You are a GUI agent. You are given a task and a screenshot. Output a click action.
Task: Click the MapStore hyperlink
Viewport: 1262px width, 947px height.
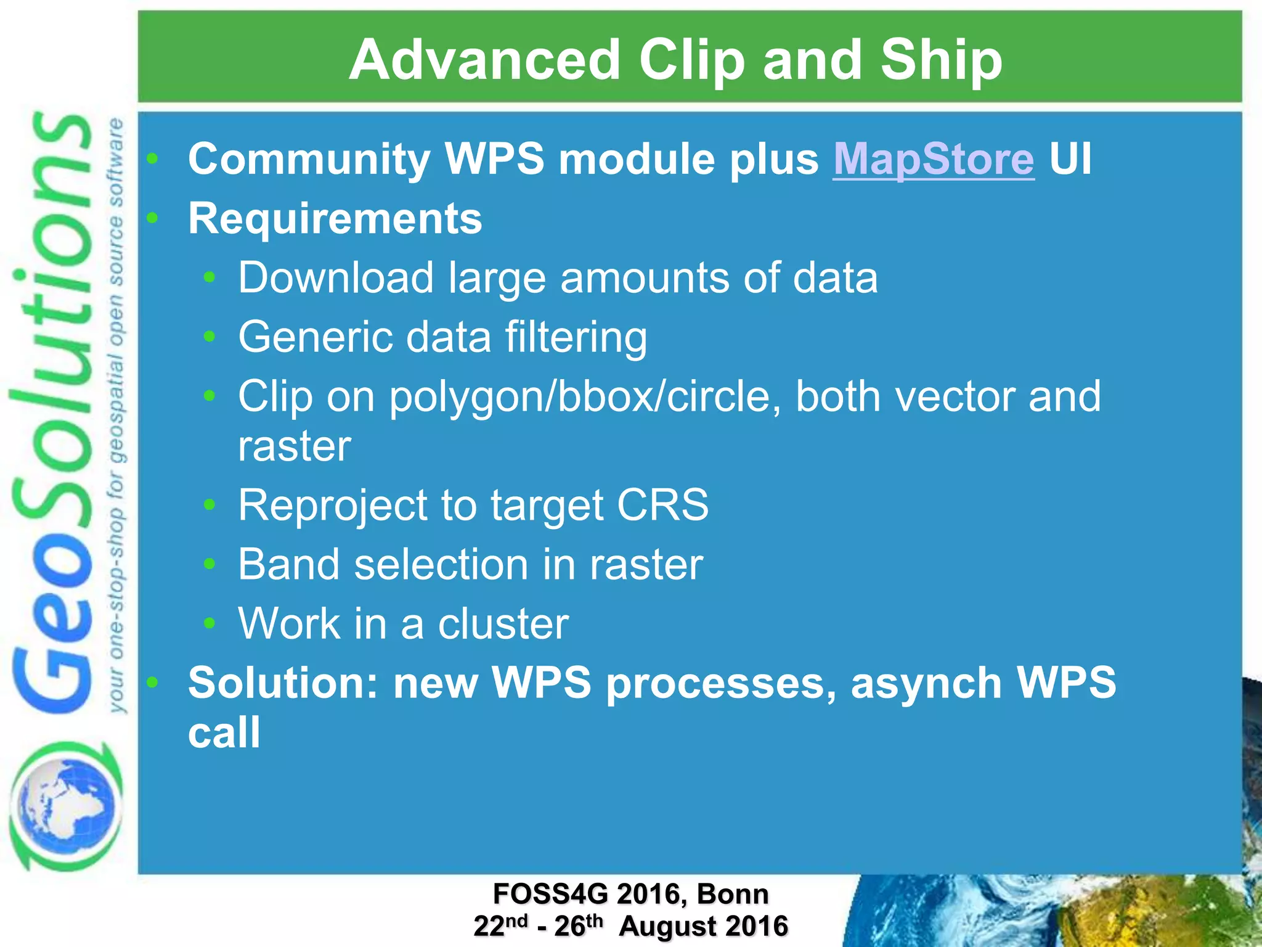933,159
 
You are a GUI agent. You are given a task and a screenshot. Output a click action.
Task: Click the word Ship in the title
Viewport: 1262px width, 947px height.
941,60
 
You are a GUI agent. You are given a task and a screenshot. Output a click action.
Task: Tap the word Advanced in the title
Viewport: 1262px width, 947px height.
484,60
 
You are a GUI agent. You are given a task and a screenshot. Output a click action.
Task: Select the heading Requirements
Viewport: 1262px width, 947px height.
335,218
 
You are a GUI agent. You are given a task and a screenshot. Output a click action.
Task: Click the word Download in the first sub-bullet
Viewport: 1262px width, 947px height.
336,277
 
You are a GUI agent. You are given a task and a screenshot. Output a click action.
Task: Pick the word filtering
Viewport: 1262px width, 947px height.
576,337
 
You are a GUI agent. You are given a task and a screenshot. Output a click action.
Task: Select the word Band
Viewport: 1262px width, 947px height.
288,564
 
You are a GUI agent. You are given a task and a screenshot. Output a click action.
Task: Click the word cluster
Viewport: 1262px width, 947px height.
503,624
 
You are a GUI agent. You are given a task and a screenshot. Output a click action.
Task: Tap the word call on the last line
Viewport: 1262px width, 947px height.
224,733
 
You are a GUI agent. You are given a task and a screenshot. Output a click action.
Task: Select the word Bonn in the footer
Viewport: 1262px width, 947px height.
733,894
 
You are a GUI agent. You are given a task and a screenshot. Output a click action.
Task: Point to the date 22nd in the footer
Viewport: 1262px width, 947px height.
500,925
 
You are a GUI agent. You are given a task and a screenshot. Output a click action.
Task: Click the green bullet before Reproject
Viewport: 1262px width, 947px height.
210,505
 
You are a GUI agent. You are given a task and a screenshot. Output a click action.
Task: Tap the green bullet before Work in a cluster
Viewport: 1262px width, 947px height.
210,623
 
